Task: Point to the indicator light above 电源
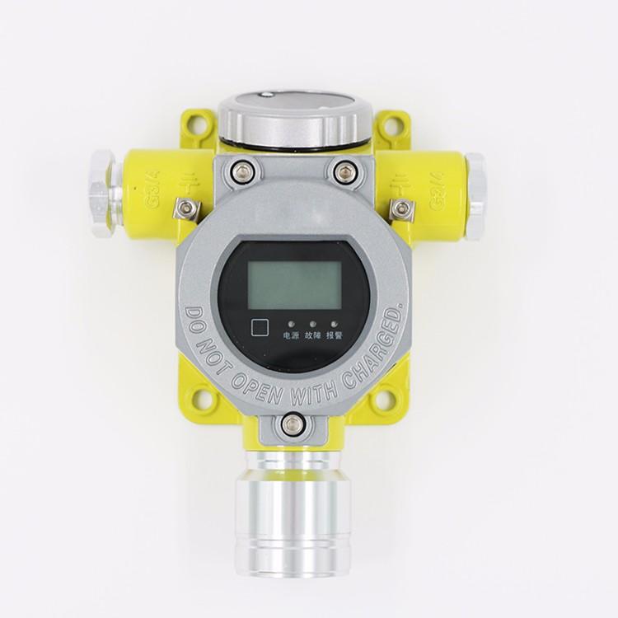(x=291, y=324)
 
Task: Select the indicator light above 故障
(x=312, y=324)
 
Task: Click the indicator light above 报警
(x=335, y=324)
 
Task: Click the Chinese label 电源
(x=291, y=336)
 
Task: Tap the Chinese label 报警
(x=335, y=336)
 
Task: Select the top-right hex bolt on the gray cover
(x=342, y=172)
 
